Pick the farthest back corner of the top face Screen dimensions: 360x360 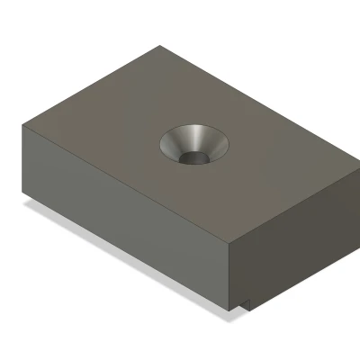pos(159,47)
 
